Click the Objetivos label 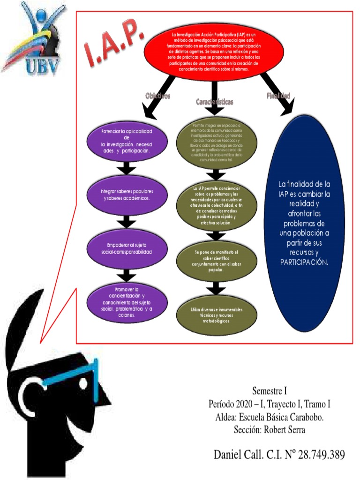(x=157, y=96)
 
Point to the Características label (x=214, y=102)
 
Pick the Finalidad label (x=278, y=96)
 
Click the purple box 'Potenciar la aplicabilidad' (x=127, y=141)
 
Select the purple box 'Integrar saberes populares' (x=127, y=195)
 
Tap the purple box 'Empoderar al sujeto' (x=127, y=248)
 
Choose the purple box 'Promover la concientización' (x=127, y=302)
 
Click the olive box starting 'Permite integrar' (x=216, y=142)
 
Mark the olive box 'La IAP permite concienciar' (x=216, y=206)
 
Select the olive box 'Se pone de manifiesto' (x=216, y=261)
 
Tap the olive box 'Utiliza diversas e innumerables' (x=216, y=315)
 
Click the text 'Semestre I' (x=269, y=390)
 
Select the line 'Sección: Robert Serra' (x=270, y=429)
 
